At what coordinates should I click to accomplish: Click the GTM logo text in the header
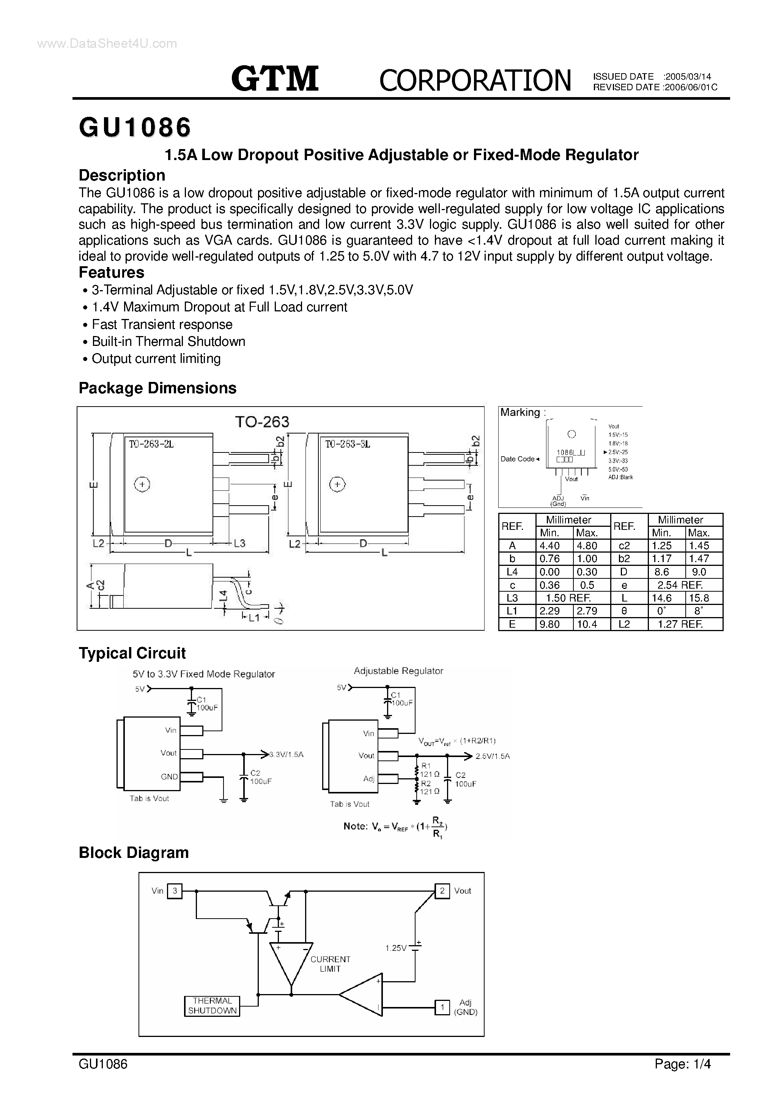274,79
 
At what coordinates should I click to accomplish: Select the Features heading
111,272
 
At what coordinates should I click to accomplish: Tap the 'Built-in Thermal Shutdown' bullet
168,341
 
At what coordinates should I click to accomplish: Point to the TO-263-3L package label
348,444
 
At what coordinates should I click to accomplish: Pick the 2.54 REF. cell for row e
680,585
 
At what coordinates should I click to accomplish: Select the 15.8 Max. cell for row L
699,598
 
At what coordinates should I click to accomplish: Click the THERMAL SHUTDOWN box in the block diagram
212,1006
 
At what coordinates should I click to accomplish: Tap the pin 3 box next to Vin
175,891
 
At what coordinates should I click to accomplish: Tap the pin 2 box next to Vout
442,891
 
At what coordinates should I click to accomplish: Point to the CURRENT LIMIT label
330,964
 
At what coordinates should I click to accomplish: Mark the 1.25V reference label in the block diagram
396,948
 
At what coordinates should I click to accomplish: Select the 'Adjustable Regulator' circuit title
398,671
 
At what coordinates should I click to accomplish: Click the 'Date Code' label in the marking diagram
518,459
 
